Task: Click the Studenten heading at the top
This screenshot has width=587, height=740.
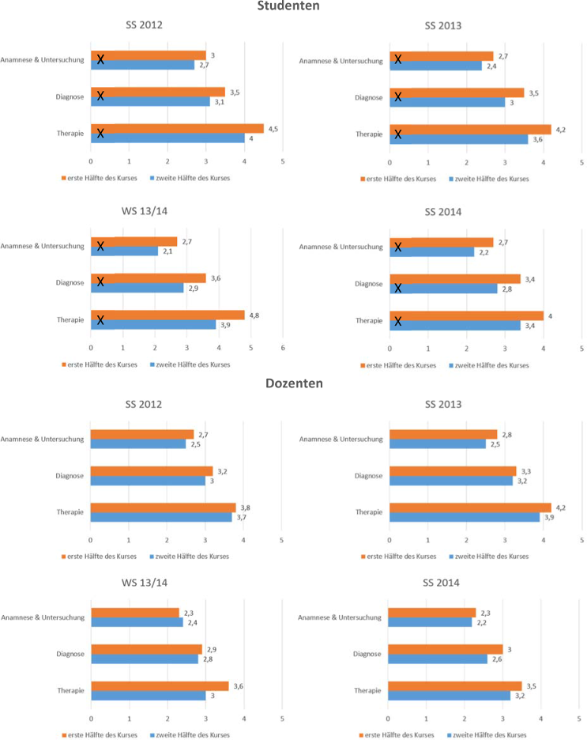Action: (292, 6)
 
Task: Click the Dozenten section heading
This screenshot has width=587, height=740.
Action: (292, 383)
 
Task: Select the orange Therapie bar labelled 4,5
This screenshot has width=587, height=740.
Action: (177, 129)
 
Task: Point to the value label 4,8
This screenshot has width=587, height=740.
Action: (256, 315)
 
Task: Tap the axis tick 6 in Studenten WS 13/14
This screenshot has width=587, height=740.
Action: (283, 348)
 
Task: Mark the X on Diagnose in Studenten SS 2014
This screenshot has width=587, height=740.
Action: (398, 289)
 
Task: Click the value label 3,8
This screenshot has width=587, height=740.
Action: (245, 508)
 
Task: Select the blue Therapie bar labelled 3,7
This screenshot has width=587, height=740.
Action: (161, 517)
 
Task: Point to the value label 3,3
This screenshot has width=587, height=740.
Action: (526, 471)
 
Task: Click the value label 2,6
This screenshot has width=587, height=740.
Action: (498, 659)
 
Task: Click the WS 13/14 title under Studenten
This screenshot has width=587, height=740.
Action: (144, 212)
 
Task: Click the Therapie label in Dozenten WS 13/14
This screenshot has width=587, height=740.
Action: (70, 690)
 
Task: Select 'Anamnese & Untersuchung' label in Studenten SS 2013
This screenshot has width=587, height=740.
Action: (342, 61)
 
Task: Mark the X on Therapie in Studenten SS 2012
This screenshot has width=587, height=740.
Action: (100, 133)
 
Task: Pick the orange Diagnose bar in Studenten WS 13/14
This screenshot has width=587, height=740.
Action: (148, 278)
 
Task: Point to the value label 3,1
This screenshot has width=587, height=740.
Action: (217, 102)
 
